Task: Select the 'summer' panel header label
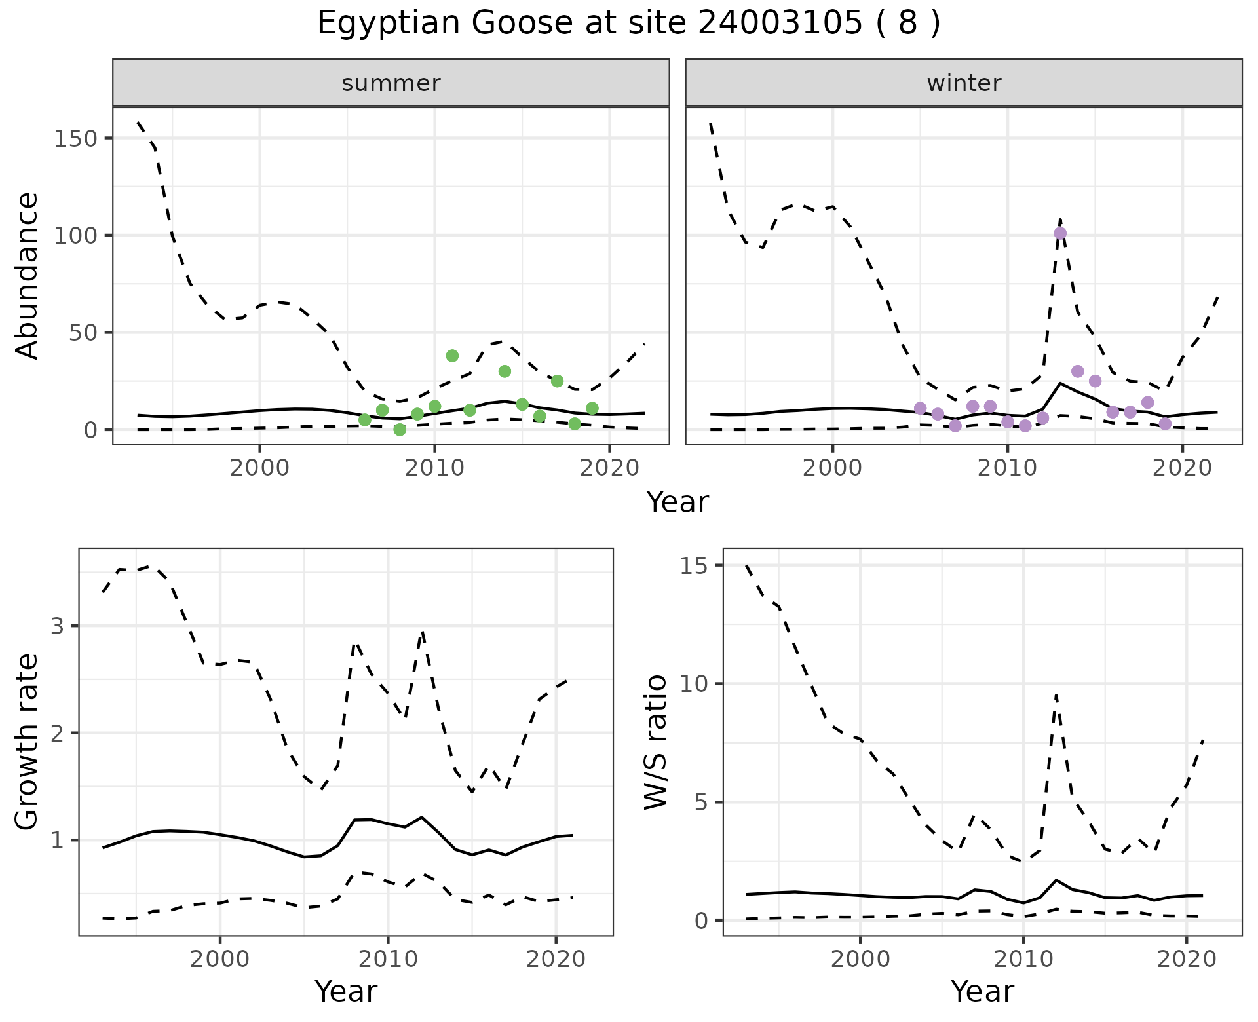tap(391, 83)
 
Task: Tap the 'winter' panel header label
tap(964, 83)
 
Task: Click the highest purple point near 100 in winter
tap(1060, 233)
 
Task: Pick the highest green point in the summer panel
tap(452, 356)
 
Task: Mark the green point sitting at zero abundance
tap(400, 430)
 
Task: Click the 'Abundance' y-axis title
tap(28, 275)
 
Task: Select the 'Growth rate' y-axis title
tap(28, 742)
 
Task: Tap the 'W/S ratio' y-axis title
tap(656, 742)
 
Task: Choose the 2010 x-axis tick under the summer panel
tap(434, 468)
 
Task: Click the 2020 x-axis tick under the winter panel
tap(1183, 468)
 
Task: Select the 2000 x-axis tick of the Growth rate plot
tap(219, 960)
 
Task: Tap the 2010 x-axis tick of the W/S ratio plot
tap(1023, 960)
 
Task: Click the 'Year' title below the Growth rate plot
tap(346, 991)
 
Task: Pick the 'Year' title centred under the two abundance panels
tap(677, 502)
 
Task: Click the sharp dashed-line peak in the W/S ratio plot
tap(1056, 694)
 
